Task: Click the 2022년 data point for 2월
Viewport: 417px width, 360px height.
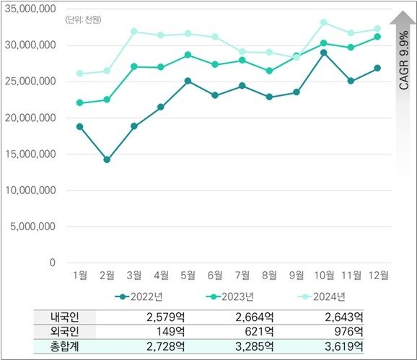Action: coord(107,159)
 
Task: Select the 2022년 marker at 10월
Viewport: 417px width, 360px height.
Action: coord(324,53)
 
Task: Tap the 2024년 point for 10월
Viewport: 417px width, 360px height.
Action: coord(324,22)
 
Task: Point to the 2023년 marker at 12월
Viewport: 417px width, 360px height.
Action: coord(377,37)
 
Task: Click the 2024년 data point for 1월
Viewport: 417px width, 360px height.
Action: coord(79,74)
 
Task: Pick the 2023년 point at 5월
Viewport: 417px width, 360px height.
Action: coord(188,55)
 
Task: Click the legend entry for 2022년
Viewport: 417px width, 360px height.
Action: coord(141,297)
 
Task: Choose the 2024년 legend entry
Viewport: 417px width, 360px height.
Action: coord(320,297)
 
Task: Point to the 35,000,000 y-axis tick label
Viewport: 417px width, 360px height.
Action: coord(30,9)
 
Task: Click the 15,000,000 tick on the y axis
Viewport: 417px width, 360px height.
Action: coord(30,154)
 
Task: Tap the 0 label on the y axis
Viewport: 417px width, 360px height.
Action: coord(53,263)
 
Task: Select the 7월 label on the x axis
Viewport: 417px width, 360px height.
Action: coord(242,276)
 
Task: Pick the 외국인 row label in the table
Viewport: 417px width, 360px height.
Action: coord(64,331)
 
